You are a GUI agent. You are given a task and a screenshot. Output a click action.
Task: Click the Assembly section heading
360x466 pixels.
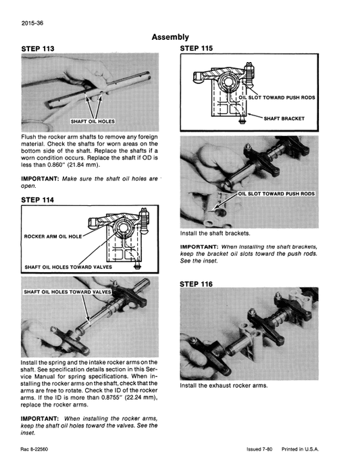[170, 37]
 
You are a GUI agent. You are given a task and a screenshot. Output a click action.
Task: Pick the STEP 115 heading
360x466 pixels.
[201, 49]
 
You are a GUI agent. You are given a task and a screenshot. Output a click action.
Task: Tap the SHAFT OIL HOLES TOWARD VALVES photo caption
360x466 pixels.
[68, 292]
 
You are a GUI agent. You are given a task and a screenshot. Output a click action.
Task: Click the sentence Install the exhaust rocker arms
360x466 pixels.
[224, 386]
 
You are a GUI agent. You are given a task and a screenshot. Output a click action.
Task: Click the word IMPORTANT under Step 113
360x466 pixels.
[40, 178]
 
